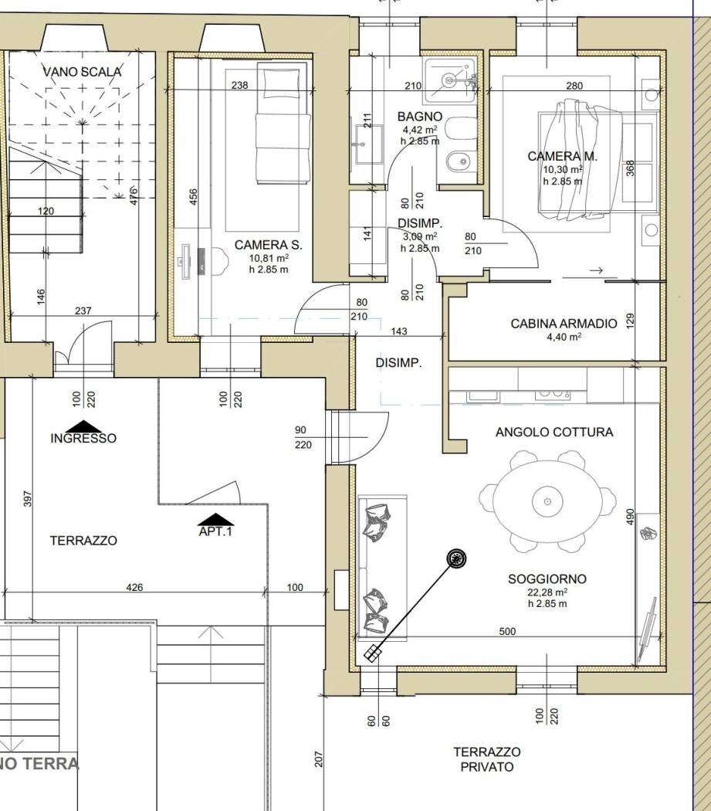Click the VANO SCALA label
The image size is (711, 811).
coord(82,71)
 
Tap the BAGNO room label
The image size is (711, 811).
coord(419,117)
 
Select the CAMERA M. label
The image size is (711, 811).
coord(562,156)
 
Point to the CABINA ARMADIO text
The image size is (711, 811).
coord(564,324)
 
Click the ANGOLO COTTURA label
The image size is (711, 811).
coord(554,432)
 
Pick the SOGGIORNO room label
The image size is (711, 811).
coord(547,579)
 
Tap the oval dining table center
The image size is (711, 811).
coord(547,501)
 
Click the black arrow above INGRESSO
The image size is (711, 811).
coord(84,426)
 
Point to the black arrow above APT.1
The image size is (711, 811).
coord(215,519)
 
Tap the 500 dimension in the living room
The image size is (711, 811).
coord(507,631)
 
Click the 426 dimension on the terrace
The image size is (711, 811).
coord(134,587)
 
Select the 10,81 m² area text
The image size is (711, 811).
coord(269,257)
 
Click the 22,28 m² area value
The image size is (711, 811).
coord(548,592)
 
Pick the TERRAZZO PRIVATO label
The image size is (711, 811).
coord(487,759)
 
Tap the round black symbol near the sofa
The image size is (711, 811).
coord(456,558)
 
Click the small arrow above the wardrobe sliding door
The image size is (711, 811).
coord(597,270)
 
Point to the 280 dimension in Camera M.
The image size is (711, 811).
coord(574,86)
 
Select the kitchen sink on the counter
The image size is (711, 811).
coord(483,396)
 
